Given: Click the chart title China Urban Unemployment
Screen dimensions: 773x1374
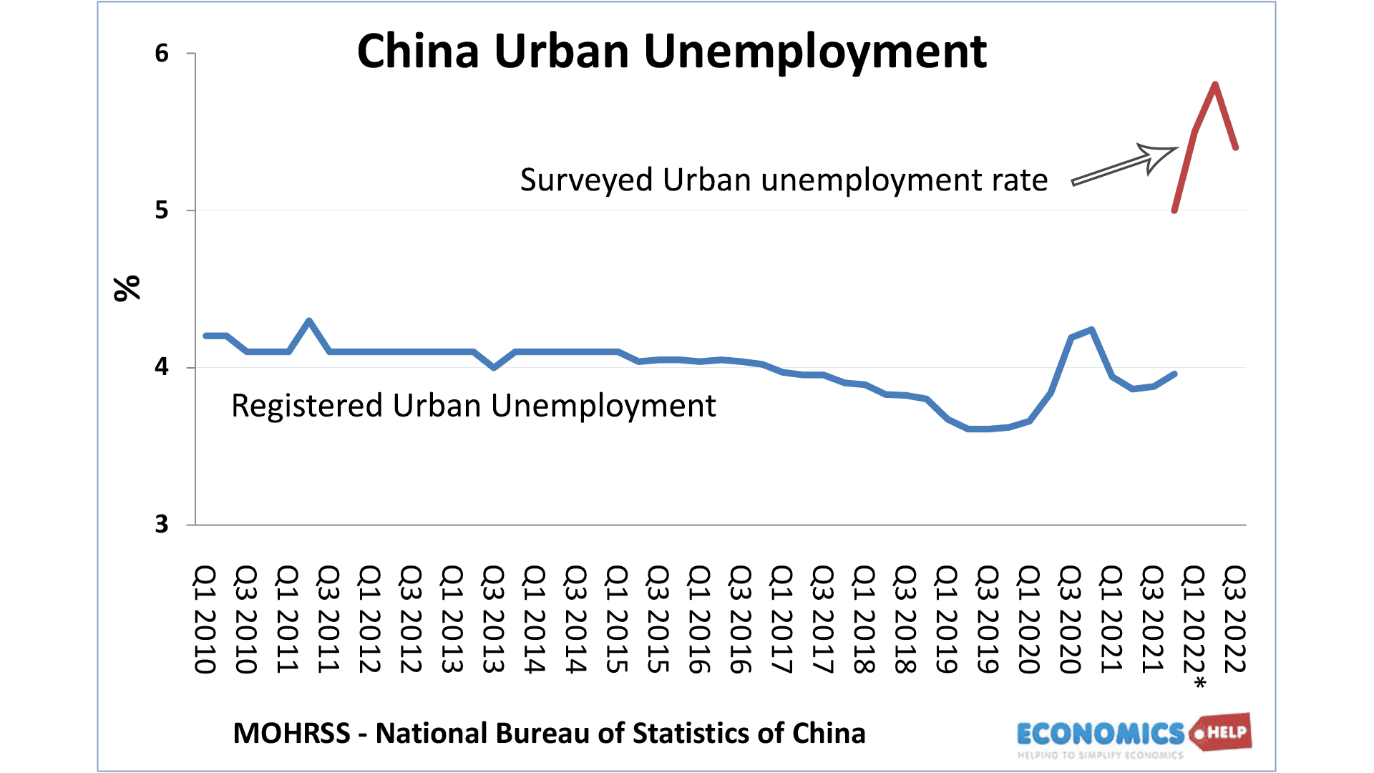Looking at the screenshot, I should tap(671, 52).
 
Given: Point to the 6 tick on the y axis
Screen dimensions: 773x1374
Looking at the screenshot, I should tap(162, 54).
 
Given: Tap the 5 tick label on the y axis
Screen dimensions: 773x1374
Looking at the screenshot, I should tap(162, 210).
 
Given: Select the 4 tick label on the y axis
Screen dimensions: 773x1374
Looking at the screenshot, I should tap(162, 367).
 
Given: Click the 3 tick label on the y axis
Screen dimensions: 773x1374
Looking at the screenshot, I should tap(162, 525).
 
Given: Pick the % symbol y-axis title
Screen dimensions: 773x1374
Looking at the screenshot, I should tap(127, 288).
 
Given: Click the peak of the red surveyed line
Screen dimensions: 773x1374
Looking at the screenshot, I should tap(1215, 85).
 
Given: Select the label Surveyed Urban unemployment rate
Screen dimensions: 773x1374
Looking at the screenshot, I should tap(784, 180).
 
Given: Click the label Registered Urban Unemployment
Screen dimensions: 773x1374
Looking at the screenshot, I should tap(473, 406).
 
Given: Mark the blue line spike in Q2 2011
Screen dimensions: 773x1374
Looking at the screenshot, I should tap(308, 321).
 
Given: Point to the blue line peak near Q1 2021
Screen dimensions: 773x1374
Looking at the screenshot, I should tap(1091, 330).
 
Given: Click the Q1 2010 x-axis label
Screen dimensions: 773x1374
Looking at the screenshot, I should tap(205, 619).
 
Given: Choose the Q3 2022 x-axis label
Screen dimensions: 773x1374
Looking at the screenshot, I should tap(1234, 619).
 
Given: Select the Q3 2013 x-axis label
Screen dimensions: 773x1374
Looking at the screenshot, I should tap(493, 619).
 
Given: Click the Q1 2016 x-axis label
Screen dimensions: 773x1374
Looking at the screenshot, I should tap(699, 619).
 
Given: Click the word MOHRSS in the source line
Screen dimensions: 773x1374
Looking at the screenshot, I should tap(291, 734).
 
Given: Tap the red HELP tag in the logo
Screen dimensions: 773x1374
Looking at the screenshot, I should tap(1225, 732).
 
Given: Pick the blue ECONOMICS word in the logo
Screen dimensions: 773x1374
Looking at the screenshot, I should tap(1100, 734).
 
